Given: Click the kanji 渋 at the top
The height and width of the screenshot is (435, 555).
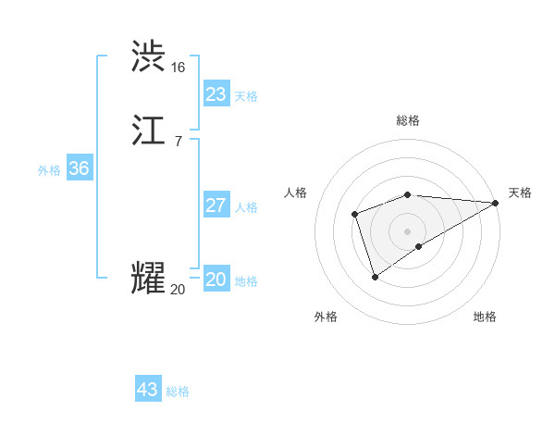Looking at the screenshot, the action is pos(149,56).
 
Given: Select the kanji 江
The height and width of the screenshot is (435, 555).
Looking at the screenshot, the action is pos(149,130).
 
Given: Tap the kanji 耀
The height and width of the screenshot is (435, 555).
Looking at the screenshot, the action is pos(149,279).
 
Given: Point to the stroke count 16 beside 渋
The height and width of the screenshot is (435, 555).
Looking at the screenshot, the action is pos(178,68).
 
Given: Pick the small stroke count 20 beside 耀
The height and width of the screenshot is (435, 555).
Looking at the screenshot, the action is pos(178,290).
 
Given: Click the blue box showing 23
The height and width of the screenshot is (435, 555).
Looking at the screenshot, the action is pos(216,94).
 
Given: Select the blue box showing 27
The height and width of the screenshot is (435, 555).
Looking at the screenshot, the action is pos(216,205).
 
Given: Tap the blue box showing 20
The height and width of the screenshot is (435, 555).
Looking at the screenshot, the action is pos(216,280).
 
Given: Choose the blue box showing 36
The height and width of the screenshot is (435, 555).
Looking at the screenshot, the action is pos(79,168).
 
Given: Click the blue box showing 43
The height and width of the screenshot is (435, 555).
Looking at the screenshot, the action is pos(147,390).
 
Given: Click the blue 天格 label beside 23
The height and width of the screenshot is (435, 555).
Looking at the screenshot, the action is pos(246,96).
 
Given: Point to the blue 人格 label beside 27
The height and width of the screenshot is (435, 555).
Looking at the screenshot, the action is pos(246,207).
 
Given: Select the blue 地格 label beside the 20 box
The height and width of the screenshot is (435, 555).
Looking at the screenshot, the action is pos(246,281).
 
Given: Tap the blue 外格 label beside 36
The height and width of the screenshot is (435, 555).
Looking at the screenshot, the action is pos(49,170).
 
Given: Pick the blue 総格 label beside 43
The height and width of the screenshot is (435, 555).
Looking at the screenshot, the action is pos(178,391).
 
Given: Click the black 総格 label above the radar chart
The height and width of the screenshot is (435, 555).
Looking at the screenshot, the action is pos(408,120).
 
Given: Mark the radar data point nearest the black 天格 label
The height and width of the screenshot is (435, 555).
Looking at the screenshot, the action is pos(496,203).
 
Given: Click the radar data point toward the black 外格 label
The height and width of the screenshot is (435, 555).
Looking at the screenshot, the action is pos(375,277).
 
